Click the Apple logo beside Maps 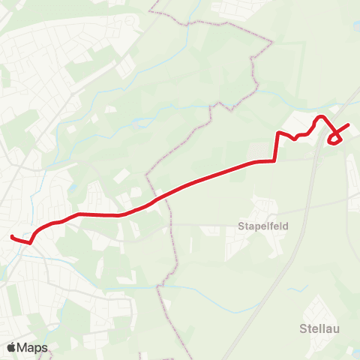click(x=11, y=347)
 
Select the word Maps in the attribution click(x=33, y=347)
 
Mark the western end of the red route click(x=12, y=237)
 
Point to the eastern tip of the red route click(x=349, y=124)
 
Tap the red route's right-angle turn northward click(x=275, y=160)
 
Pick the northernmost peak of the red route click(x=321, y=117)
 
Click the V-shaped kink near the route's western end click(x=30, y=242)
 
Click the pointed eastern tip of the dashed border click(x=270, y=43)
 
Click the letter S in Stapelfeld click(x=240, y=224)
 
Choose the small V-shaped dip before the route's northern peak click(x=297, y=138)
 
